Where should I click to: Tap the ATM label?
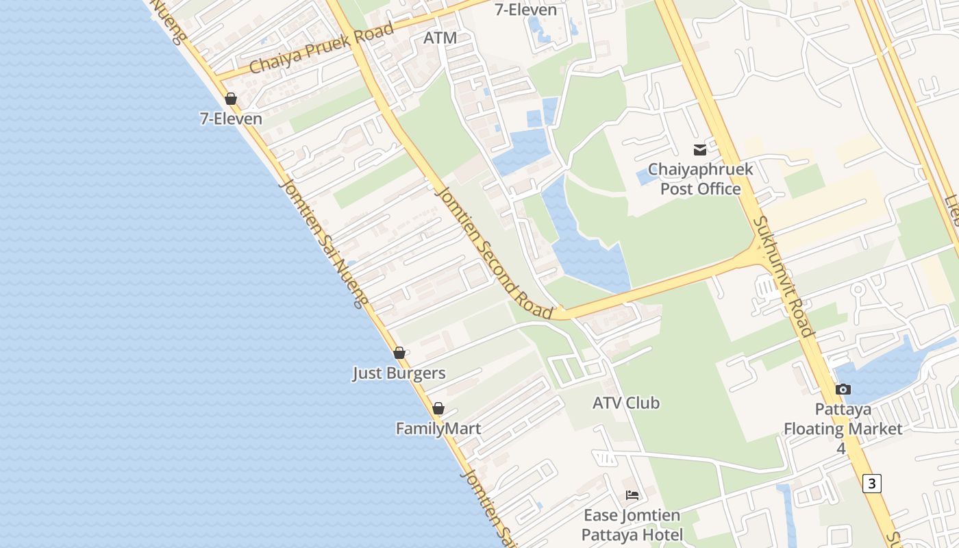(440, 38)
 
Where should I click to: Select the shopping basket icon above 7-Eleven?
(231, 99)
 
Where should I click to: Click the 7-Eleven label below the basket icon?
(231, 119)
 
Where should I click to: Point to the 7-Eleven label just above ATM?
(525, 10)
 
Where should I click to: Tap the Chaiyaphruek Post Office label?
(700, 179)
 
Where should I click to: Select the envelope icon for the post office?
(700, 149)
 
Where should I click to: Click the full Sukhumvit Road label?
(785, 277)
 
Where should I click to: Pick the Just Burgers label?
(399, 373)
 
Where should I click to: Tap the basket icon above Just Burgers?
(399, 353)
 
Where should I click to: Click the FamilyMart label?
(438, 429)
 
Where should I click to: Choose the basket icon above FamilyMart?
(438, 408)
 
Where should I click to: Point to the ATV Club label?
(626, 403)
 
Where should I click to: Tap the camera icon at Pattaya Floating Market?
(843, 389)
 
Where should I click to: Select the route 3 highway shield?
(871, 483)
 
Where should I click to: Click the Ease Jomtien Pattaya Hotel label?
(632, 525)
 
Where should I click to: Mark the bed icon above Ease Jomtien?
(632, 495)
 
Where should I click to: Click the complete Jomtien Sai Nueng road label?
(323, 243)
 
